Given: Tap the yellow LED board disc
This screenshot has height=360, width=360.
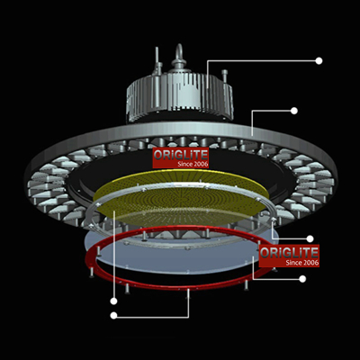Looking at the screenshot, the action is tap(181, 196).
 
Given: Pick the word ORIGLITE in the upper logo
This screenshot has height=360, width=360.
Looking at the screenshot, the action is tap(180, 155).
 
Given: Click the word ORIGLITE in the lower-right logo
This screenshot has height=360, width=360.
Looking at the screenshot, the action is tap(289, 253).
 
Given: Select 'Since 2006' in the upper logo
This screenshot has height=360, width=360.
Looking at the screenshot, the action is tap(193, 164).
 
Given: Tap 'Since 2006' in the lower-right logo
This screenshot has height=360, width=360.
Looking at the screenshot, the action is tap(302, 263).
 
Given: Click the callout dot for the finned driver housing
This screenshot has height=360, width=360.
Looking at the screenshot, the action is tap(319, 61).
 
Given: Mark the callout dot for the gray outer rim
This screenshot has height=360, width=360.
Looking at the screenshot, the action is tap(294, 111).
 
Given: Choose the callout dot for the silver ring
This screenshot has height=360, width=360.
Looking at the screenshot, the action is tap(310, 238).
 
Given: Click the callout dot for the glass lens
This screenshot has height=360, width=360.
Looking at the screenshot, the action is tap(302, 279).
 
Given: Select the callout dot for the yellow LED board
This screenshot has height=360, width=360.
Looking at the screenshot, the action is tap(113, 301).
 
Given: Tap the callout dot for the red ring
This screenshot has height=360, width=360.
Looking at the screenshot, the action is tap(113, 315).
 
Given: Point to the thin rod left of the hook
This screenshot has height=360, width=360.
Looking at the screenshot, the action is tap(157, 60).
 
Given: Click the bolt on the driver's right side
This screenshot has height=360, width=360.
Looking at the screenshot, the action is tap(225, 76).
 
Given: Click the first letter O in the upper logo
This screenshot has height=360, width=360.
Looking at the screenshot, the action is tap(158, 155).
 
